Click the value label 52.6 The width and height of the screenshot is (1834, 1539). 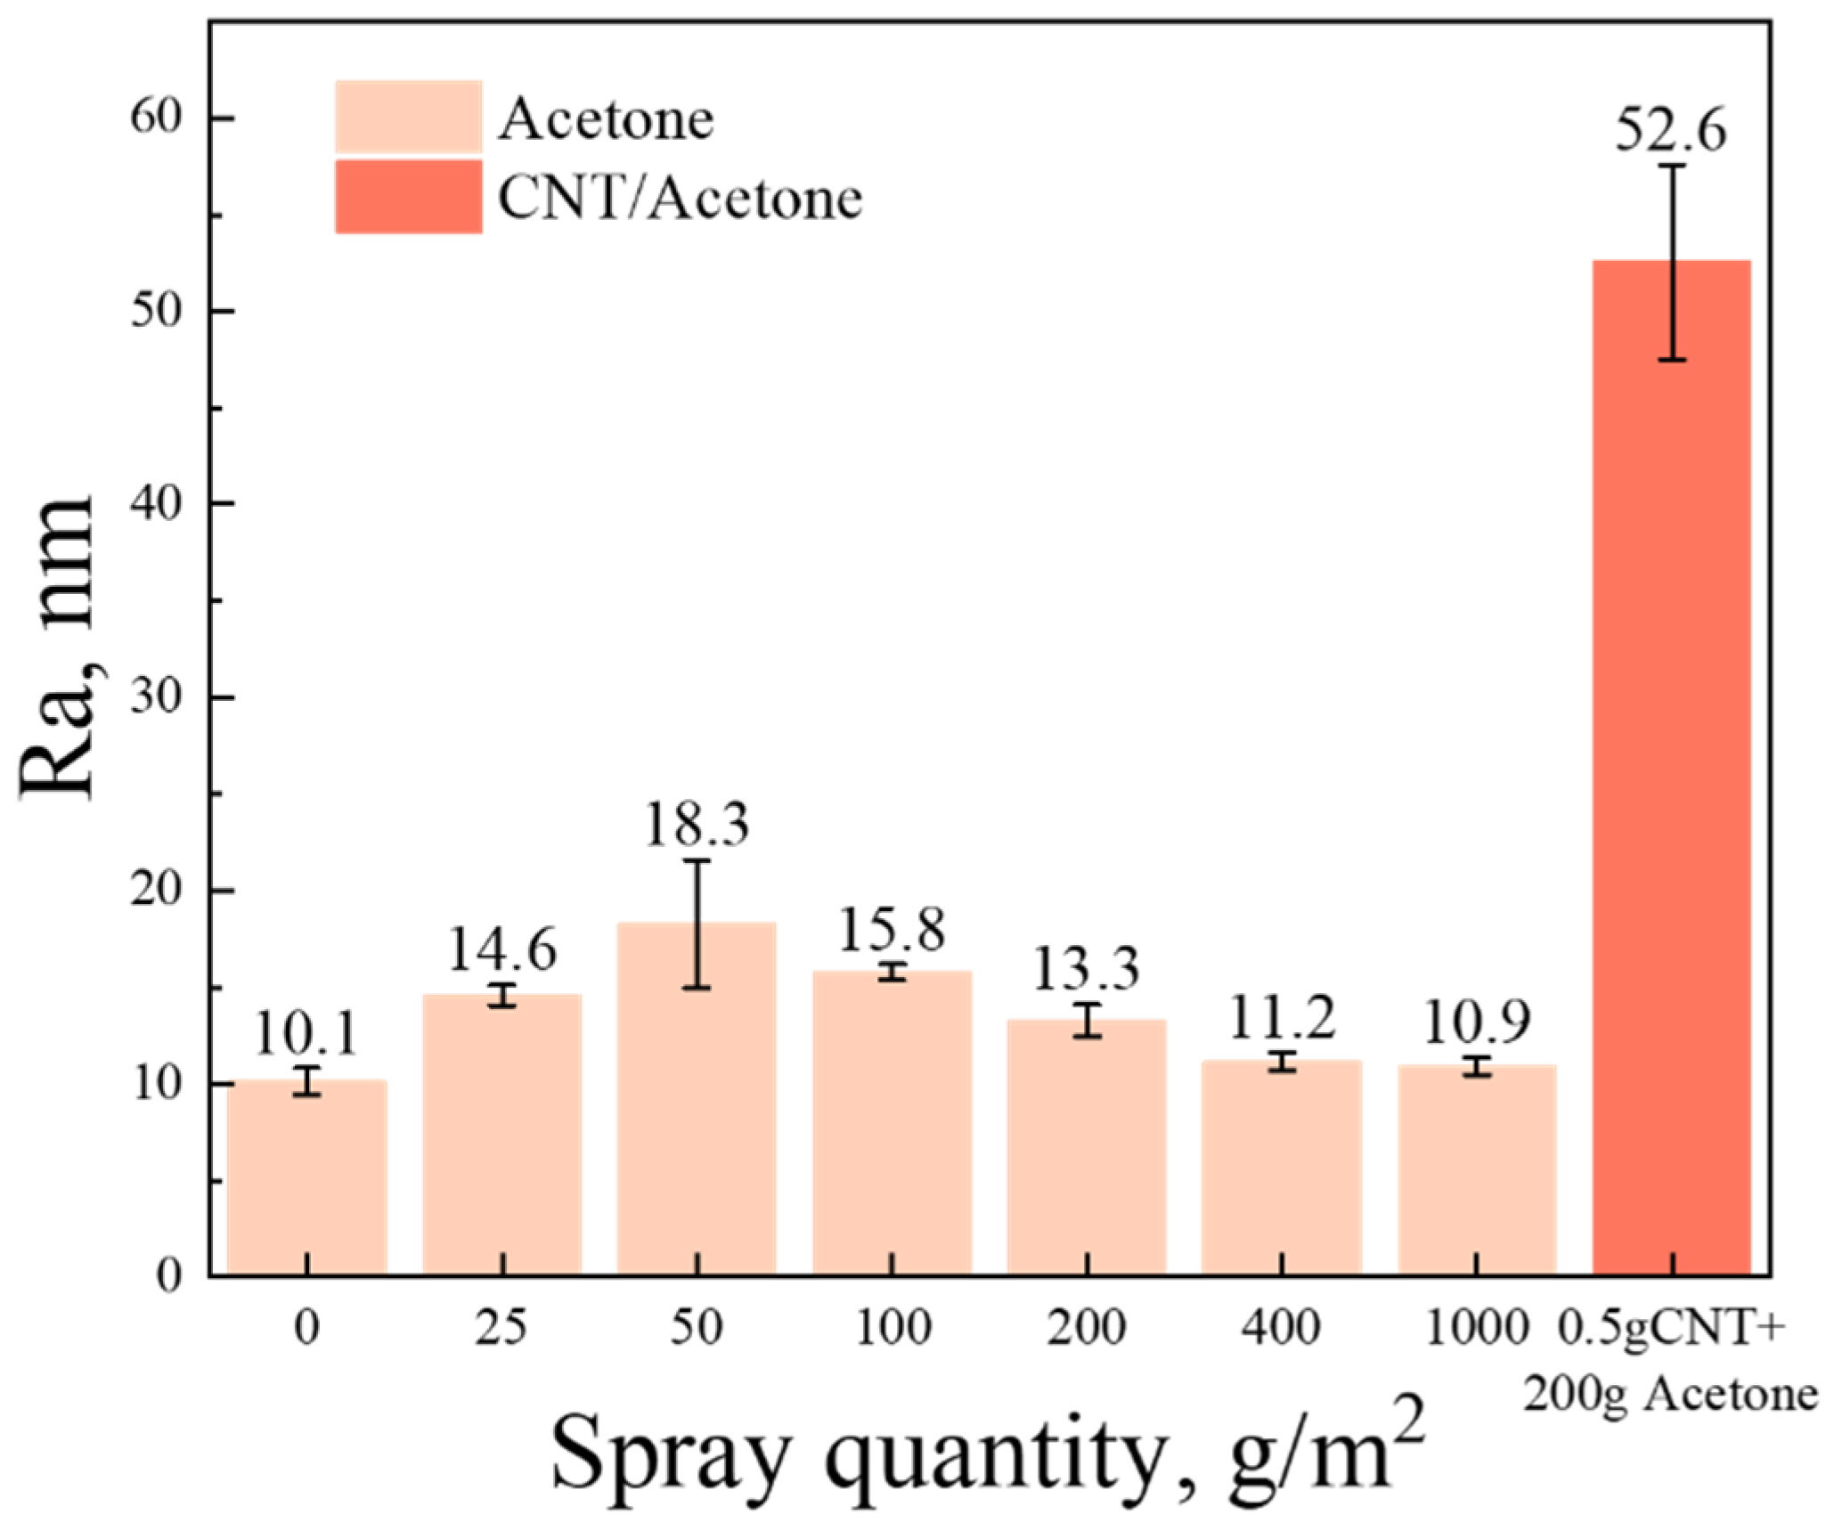1670,130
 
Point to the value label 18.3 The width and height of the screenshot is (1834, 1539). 697,825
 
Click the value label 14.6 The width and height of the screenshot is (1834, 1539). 501,949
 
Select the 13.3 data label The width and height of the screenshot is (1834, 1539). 1086,968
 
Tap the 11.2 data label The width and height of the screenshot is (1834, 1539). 1282,1017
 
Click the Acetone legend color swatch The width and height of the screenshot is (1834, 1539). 409,117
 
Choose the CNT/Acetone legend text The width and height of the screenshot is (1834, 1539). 680,198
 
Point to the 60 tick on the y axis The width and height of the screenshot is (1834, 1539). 156,117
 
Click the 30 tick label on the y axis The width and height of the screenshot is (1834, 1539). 156,696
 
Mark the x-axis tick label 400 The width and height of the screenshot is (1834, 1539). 1281,1328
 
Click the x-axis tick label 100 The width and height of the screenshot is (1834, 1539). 892,1328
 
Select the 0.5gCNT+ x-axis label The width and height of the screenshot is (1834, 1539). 1671,1328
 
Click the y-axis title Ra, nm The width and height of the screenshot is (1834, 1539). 57,650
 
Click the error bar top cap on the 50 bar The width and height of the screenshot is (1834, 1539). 697,860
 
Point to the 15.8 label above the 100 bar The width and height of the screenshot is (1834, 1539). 892,930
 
